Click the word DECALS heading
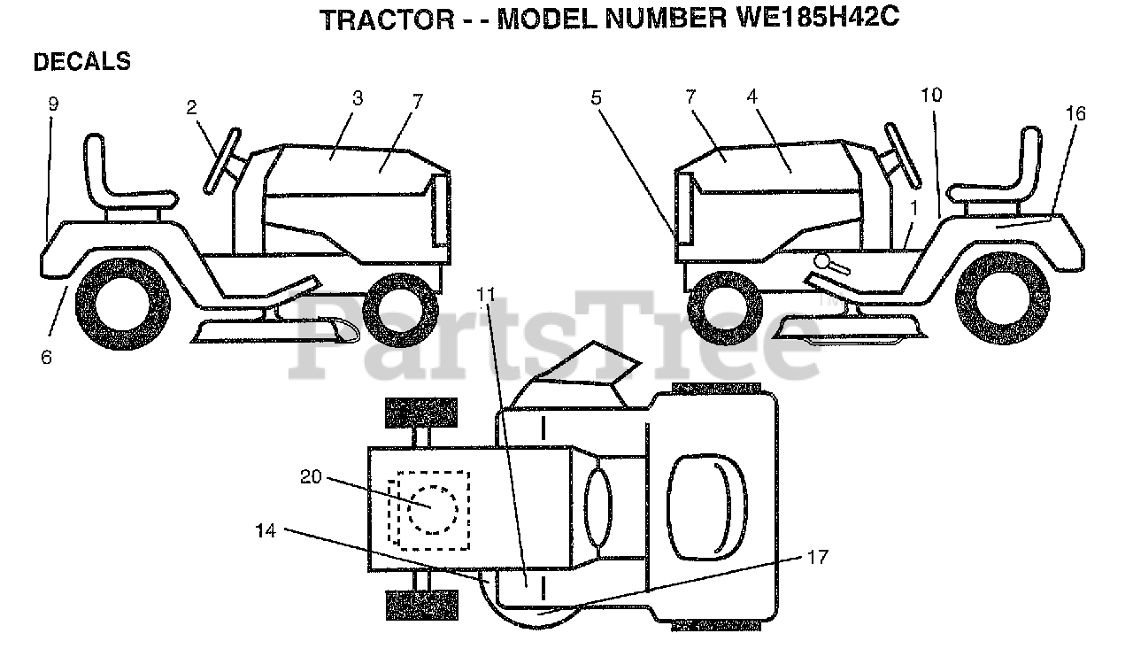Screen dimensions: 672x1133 (81, 62)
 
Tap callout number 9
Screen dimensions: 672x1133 (53, 104)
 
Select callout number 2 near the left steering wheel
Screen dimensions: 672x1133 (191, 107)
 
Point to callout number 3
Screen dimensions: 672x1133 (357, 98)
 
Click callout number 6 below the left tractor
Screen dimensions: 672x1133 (46, 357)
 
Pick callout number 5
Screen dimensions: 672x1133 (597, 97)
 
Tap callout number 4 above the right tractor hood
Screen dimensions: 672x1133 (752, 97)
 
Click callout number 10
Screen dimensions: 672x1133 (931, 94)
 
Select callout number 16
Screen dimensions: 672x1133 (1075, 113)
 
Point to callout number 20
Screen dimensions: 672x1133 (311, 476)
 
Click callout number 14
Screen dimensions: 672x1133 (266, 530)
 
